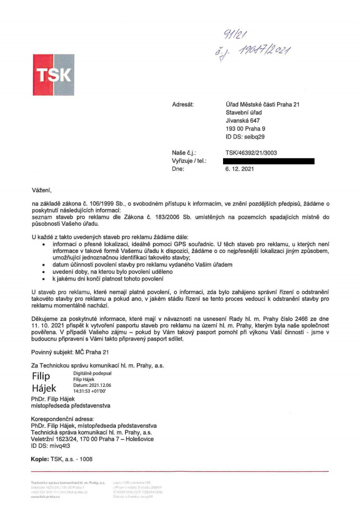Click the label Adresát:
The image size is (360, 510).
(x=183, y=104)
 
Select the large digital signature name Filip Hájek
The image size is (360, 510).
(x=45, y=382)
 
